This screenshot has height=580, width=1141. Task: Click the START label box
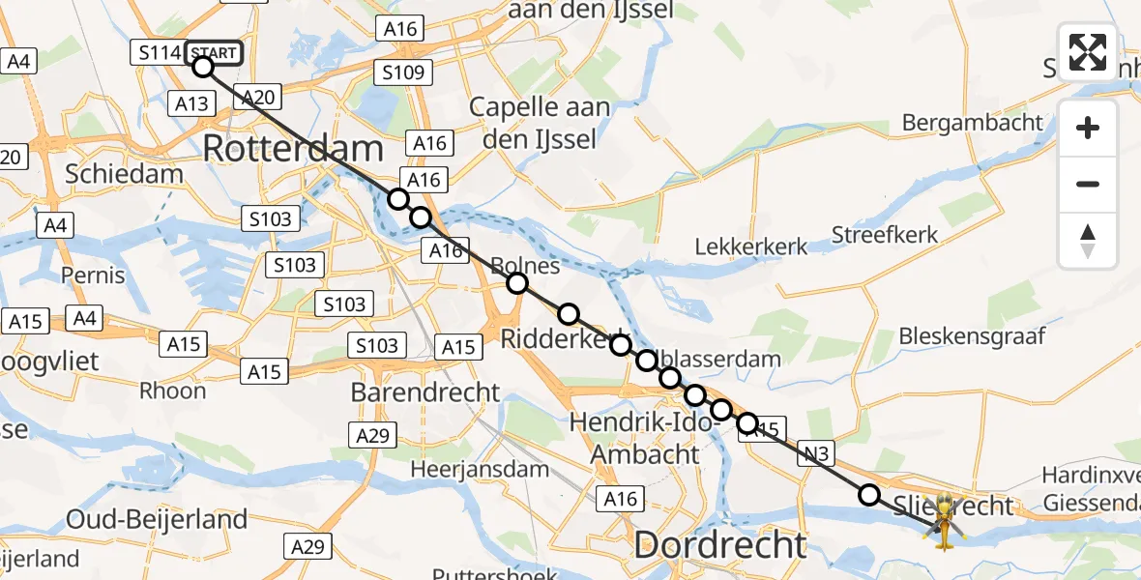tap(212, 53)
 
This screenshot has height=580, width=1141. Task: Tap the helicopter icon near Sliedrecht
tap(944, 522)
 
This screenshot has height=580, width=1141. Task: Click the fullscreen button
tap(1088, 52)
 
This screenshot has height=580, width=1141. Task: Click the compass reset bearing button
tap(1088, 241)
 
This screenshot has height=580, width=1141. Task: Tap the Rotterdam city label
tap(294, 149)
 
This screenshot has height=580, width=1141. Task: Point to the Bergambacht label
tap(973, 123)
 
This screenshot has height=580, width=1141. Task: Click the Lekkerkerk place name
tap(751, 247)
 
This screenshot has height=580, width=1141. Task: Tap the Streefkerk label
tap(885, 235)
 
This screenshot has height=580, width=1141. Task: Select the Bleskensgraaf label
tap(973, 336)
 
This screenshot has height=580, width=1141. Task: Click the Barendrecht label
tap(425, 392)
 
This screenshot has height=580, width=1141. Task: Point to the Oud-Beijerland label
tap(158, 519)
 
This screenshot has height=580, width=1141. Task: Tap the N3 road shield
tap(816, 454)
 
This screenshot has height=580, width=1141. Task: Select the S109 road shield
tap(405, 72)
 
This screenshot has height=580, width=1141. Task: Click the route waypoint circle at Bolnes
tap(517, 283)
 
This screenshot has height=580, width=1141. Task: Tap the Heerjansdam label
tap(466, 469)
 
